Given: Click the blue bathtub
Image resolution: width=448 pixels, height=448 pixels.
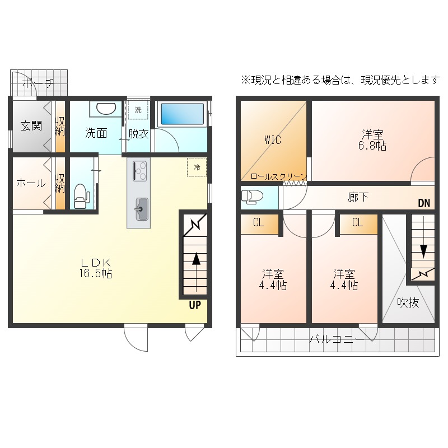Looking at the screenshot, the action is (x=182, y=114).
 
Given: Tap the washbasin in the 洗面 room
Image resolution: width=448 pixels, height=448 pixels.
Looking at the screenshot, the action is (x=106, y=109).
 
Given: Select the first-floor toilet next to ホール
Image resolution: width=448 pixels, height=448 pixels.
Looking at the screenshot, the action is (x=81, y=196).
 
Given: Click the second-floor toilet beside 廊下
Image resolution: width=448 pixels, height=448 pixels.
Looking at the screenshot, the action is (x=249, y=197).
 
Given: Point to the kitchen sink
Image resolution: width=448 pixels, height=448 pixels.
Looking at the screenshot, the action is (x=142, y=209).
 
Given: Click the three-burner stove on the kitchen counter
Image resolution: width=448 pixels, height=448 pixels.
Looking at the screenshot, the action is (x=139, y=171).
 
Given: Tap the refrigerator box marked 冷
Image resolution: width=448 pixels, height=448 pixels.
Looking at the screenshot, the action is (x=197, y=167).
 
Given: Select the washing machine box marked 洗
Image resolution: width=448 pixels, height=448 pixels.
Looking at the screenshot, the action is (x=138, y=109).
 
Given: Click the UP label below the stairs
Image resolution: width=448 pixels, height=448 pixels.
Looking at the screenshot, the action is (x=195, y=305).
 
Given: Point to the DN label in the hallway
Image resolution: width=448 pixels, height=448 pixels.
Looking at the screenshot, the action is (x=424, y=203).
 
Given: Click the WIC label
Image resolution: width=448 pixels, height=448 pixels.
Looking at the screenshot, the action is (x=273, y=140).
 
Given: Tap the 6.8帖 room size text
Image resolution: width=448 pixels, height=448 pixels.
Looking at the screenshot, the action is (x=372, y=146).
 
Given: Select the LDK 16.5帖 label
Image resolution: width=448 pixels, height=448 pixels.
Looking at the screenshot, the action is (x=96, y=268).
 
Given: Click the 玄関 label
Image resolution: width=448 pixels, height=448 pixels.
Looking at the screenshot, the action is (x=31, y=125).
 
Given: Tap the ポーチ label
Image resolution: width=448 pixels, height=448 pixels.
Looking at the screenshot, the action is (x=38, y=83).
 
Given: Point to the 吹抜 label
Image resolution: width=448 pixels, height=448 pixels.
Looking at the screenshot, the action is (x=408, y=302).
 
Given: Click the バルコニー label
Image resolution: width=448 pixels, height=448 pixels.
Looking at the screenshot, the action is (x=337, y=339).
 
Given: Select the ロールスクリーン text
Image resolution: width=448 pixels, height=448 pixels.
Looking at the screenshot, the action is (x=278, y=176).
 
